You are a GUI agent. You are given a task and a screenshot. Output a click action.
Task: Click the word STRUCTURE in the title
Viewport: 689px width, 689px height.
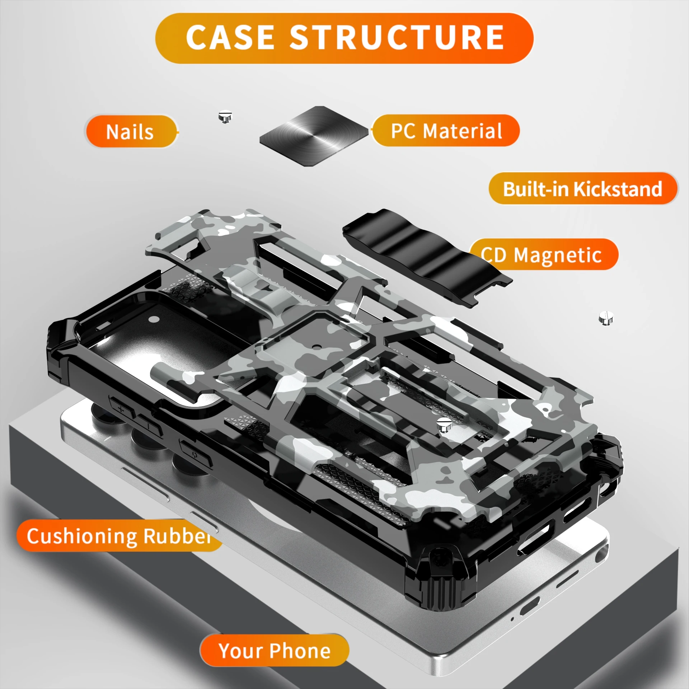[397, 38]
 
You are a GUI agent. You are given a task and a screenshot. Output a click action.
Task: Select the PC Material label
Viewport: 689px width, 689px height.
[446, 131]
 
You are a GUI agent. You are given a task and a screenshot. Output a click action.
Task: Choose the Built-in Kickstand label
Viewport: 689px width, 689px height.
[582, 189]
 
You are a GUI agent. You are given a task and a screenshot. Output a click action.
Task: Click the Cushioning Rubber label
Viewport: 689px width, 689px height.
[118, 536]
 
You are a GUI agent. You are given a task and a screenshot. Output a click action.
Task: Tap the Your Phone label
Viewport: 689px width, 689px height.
[275, 651]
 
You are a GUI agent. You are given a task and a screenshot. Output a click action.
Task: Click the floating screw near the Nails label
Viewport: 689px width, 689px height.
[225, 117]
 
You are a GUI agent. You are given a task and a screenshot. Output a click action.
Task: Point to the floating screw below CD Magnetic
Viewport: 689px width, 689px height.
[606, 318]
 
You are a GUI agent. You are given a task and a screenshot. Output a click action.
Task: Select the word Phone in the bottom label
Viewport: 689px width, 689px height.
[300, 651]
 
